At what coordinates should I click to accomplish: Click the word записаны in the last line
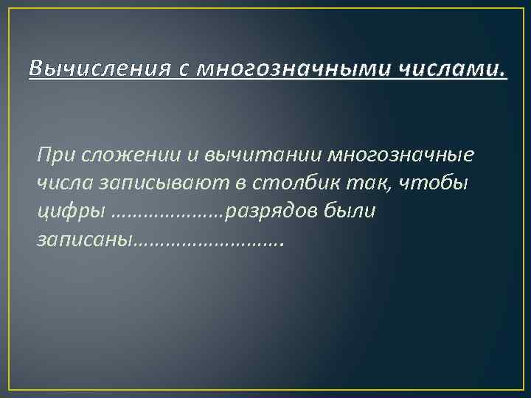tap(83, 240)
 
